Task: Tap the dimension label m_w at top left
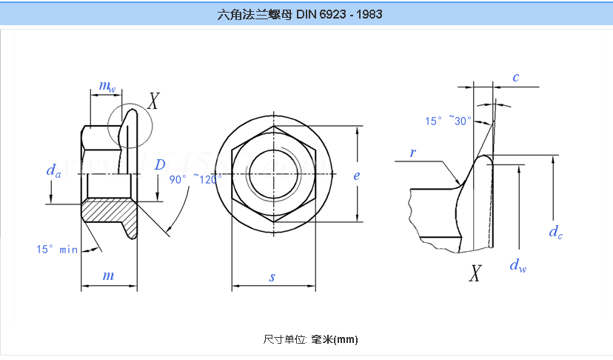(107, 87)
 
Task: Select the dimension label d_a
(53, 172)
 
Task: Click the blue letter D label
(159, 165)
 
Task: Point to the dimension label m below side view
(108, 276)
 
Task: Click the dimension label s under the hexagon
(272, 277)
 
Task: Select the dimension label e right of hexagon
(357, 176)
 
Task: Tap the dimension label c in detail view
(515, 77)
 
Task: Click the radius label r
(413, 153)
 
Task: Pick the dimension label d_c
(555, 233)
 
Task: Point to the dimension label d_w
(518, 265)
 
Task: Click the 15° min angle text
(57, 250)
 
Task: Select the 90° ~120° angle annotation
(195, 179)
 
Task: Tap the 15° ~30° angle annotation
(448, 121)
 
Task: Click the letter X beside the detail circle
(153, 101)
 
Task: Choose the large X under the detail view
(475, 275)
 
